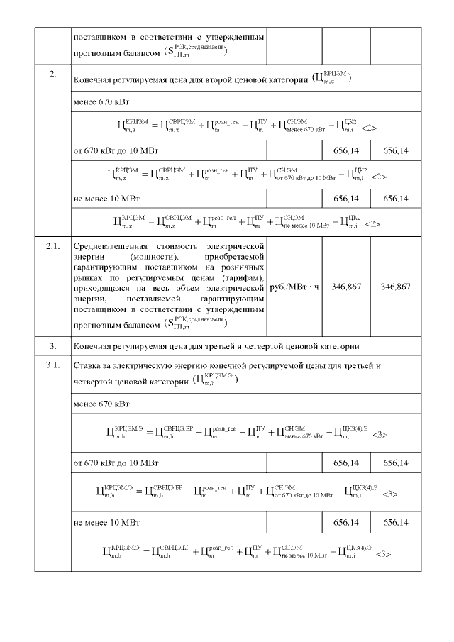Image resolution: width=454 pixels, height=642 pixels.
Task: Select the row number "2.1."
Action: (x=53, y=245)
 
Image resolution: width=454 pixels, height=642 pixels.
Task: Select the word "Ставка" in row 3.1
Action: (x=87, y=366)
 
